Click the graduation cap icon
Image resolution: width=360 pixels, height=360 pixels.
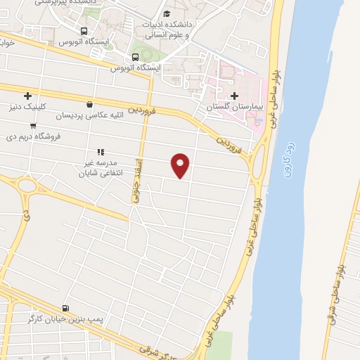click(167, 13)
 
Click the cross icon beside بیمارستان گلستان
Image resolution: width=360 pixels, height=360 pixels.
click(234, 95)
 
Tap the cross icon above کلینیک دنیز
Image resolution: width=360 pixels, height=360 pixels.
click(27, 96)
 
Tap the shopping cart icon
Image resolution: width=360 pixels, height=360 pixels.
click(32, 125)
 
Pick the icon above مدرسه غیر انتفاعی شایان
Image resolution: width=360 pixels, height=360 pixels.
click(101, 151)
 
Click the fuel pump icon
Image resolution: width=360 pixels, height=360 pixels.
click(65, 308)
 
